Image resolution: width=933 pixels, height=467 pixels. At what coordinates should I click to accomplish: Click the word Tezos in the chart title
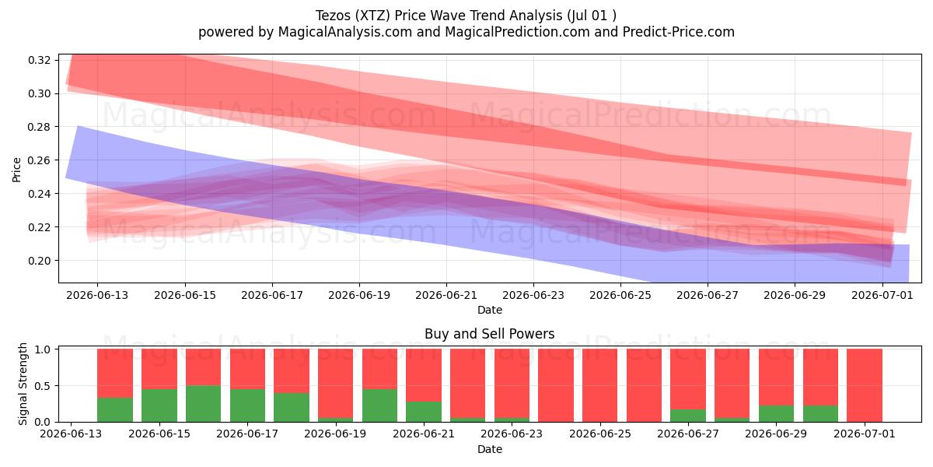[x=334, y=16]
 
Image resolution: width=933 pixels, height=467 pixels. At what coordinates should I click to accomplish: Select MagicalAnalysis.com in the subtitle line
[x=345, y=32]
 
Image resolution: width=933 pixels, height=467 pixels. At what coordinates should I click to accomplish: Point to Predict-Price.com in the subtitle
[x=679, y=32]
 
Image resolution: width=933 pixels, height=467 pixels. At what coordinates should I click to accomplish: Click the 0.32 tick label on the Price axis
[x=39, y=60]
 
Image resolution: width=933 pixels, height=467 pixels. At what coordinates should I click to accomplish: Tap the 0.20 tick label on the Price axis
[x=39, y=261]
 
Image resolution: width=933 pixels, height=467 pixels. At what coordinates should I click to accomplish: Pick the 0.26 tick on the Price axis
[x=39, y=160]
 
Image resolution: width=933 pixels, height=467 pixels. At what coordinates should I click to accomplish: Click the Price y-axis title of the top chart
[x=16, y=170]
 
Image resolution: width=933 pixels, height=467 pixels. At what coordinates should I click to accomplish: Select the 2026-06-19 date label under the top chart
[x=359, y=295]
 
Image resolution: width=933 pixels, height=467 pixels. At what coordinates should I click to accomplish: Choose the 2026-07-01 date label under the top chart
[x=882, y=295]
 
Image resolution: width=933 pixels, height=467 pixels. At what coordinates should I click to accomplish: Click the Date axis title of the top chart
[x=490, y=310]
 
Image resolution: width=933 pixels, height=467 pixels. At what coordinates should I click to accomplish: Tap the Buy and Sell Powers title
[x=489, y=334]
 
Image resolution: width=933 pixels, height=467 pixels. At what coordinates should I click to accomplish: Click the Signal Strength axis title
[x=23, y=384]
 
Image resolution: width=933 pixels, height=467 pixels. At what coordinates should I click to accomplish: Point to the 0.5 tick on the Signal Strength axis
[x=43, y=386]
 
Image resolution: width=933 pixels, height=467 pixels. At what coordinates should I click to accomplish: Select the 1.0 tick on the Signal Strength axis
[x=43, y=349]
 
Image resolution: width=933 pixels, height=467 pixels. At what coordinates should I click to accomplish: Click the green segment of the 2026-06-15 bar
[x=159, y=406]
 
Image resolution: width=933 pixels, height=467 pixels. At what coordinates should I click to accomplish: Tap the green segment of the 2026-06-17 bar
[x=247, y=406]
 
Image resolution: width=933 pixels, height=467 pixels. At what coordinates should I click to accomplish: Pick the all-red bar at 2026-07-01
[x=865, y=385]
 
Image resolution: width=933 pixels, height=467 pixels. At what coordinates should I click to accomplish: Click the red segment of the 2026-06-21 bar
[x=424, y=375]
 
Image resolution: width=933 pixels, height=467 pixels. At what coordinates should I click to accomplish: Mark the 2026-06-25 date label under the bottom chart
[x=599, y=434]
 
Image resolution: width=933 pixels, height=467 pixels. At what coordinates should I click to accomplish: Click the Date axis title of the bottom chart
[x=490, y=449]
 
